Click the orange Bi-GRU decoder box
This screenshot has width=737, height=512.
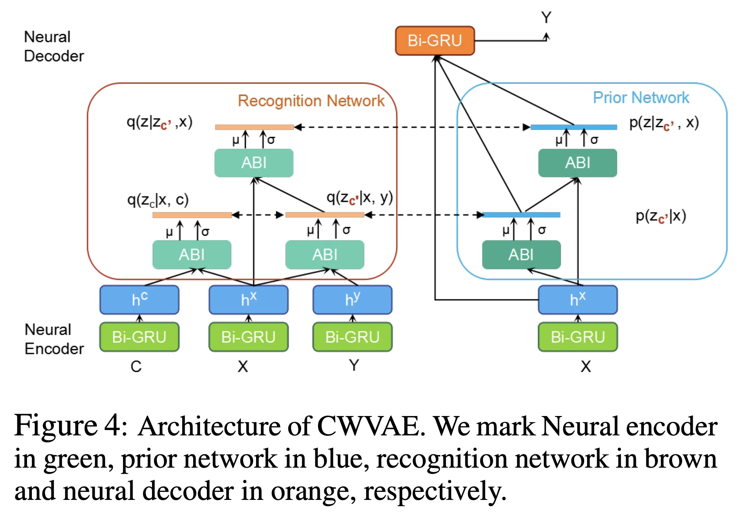[x=435, y=41]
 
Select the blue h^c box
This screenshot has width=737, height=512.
[x=139, y=300]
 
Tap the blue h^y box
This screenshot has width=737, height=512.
[x=352, y=300]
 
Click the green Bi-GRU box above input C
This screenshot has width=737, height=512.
[x=139, y=337]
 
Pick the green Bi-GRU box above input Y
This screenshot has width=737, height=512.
[x=352, y=337]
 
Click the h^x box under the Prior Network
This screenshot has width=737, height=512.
[x=577, y=300]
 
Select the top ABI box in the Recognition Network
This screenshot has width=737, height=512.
[x=254, y=163]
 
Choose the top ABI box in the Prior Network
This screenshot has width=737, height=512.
[x=577, y=163]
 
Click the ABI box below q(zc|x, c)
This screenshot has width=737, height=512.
[x=192, y=254]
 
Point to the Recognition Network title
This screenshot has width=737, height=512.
[x=311, y=101]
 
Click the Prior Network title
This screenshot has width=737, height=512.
[x=641, y=98]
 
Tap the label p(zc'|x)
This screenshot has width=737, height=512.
[x=660, y=216]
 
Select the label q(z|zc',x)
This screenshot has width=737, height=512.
[x=160, y=122]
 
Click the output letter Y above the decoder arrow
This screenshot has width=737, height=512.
[x=546, y=18]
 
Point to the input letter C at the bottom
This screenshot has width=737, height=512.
[x=136, y=366]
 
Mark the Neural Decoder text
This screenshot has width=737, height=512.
[x=54, y=46]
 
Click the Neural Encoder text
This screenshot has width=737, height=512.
[x=54, y=339]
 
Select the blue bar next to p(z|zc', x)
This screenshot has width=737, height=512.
[x=573, y=127]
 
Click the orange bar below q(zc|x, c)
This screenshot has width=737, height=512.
[x=192, y=215]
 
